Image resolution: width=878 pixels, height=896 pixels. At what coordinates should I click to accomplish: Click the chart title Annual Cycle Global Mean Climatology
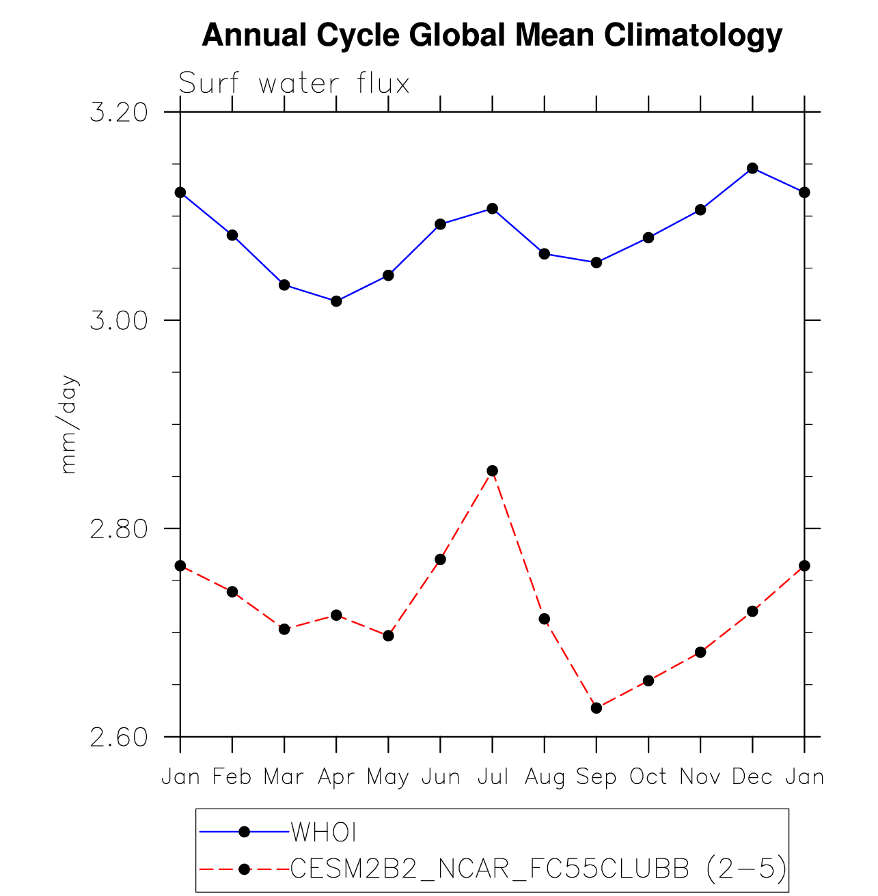pyautogui.click(x=492, y=36)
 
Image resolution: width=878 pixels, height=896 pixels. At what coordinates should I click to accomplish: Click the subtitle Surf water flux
pyautogui.click(x=294, y=84)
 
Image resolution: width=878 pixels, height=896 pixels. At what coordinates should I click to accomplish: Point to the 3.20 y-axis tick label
pyautogui.click(x=119, y=112)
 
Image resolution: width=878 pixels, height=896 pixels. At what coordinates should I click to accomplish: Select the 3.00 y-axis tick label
pyautogui.click(x=119, y=320)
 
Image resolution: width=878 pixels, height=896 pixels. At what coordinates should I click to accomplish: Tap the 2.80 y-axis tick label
pyautogui.click(x=119, y=529)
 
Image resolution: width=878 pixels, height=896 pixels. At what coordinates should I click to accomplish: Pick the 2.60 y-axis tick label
pyautogui.click(x=119, y=738)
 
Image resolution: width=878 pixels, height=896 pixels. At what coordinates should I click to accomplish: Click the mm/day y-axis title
pyautogui.click(x=70, y=425)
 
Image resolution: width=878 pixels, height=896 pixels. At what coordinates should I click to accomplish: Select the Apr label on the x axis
pyautogui.click(x=336, y=777)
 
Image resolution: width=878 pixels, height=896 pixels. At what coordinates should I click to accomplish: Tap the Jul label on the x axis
pyautogui.click(x=492, y=777)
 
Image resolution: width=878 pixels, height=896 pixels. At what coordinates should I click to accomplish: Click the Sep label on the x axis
pyautogui.click(x=596, y=777)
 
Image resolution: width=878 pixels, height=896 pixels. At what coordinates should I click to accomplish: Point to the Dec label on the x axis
pyautogui.click(x=752, y=777)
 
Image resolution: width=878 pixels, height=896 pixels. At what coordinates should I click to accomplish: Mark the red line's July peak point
pyautogui.click(x=493, y=471)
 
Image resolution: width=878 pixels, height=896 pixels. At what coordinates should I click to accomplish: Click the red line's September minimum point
pyautogui.click(x=596, y=708)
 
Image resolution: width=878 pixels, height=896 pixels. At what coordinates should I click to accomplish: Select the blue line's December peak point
pyautogui.click(x=752, y=169)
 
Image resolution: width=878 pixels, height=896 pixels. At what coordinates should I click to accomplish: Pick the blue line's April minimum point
pyautogui.click(x=336, y=301)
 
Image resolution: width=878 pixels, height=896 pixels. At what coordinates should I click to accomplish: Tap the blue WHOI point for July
pyautogui.click(x=493, y=209)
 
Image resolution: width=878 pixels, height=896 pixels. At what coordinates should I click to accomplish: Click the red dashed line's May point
pyautogui.click(x=389, y=636)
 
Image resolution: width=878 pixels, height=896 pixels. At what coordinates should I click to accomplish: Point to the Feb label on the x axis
pyautogui.click(x=232, y=777)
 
